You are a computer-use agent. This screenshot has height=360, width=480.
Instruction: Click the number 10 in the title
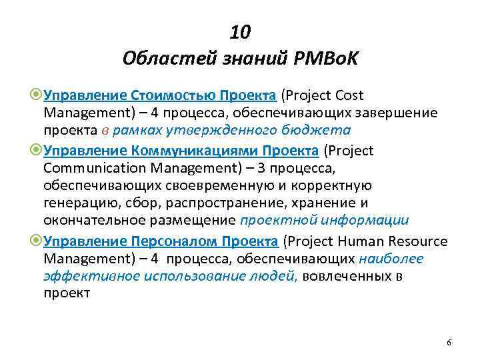click(x=240, y=33)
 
